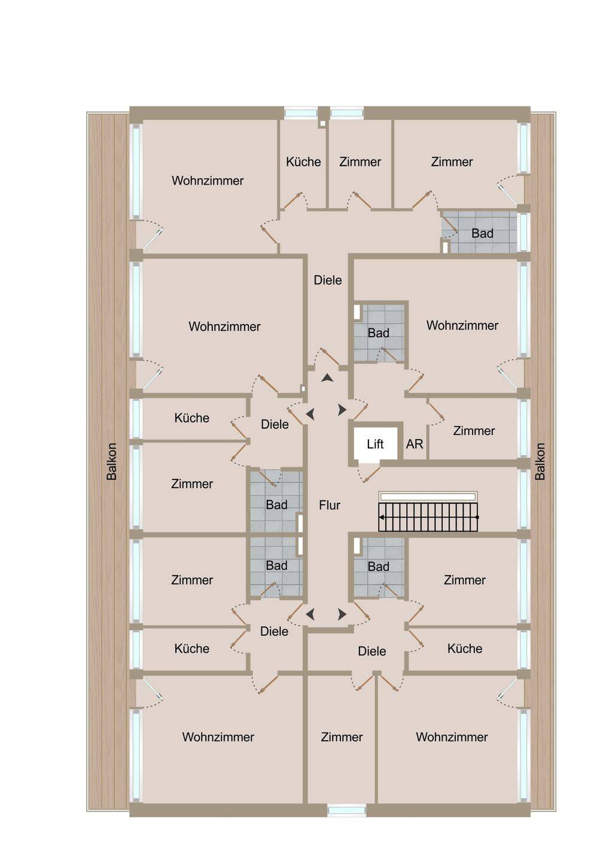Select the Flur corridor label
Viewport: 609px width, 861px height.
click(330, 505)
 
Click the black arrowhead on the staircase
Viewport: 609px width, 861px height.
click(382, 517)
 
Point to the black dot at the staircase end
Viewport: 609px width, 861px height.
click(477, 517)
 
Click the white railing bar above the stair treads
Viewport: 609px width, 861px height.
click(428, 497)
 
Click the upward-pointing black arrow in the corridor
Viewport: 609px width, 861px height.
click(327, 378)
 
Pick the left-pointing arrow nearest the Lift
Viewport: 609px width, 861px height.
click(310, 414)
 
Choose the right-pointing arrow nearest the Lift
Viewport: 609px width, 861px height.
click(342, 410)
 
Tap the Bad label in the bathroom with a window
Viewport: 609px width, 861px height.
click(482, 233)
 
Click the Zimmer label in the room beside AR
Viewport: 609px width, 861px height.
click(474, 431)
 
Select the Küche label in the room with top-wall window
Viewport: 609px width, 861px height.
click(303, 162)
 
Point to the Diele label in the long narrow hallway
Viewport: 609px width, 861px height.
click(328, 280)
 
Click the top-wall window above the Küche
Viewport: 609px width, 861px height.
click(302, 113)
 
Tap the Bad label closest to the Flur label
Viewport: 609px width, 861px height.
click(276, 505)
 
